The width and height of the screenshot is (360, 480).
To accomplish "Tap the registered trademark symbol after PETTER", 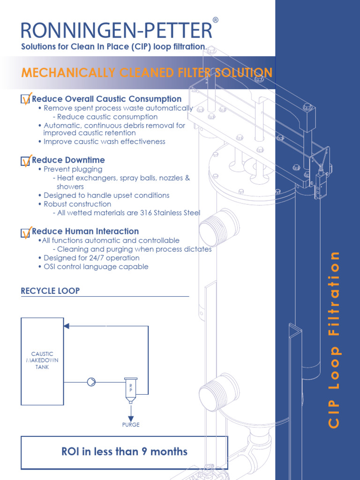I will [x=215, y=20].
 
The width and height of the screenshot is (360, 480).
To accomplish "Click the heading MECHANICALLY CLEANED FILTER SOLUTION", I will [x=147, y=73].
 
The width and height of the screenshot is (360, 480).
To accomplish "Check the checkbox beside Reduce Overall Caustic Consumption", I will [x=26, y=99].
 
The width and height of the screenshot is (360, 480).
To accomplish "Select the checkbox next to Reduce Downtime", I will [x=26, y=161].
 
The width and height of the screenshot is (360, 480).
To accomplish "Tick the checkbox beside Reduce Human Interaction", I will [x=26, y=232].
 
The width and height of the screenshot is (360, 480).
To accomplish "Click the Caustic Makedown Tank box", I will [x=42, y=361].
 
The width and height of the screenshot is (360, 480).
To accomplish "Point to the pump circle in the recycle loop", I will [x=91, y=382].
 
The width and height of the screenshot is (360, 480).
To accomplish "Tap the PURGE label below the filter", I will [x=131, y=425].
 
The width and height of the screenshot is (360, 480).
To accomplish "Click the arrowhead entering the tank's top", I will [x=67, y=326].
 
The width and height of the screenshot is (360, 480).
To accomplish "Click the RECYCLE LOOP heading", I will [x=50, y=291].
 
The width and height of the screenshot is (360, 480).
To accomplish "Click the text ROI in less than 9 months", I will [x=124, y=452].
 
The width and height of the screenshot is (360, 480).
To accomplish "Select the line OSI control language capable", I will [x=96, y=267].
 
